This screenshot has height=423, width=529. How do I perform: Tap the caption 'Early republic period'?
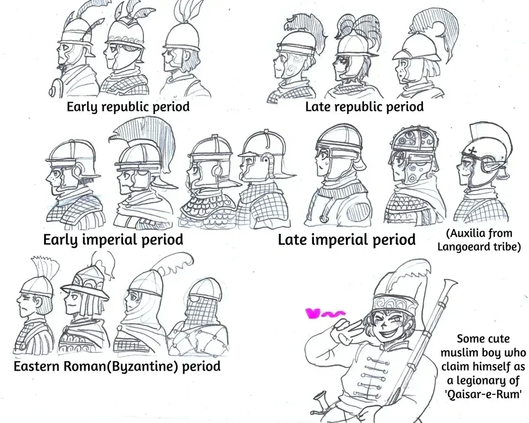click(x=127, y=106)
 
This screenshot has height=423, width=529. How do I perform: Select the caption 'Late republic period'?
click(x=365, y=106)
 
